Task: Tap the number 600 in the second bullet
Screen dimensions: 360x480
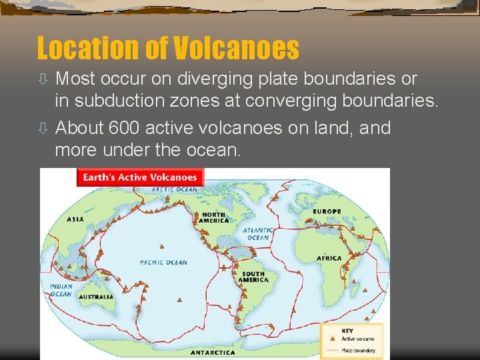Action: click(125, 127)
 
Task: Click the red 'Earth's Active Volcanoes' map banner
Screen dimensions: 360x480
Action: click(140, 177)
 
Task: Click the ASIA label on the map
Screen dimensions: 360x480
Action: click(75, 219)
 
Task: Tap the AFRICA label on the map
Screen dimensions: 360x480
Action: click(329, 258)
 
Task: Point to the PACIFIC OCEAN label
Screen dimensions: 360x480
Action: click(163, 262)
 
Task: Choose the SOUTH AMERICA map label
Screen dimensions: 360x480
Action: click(253, 277)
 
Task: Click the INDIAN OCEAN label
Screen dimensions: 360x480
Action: click(61, 290)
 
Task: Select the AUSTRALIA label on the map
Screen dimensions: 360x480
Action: click(96, 297)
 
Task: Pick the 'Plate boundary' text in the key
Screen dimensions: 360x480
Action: click(359, 350)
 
